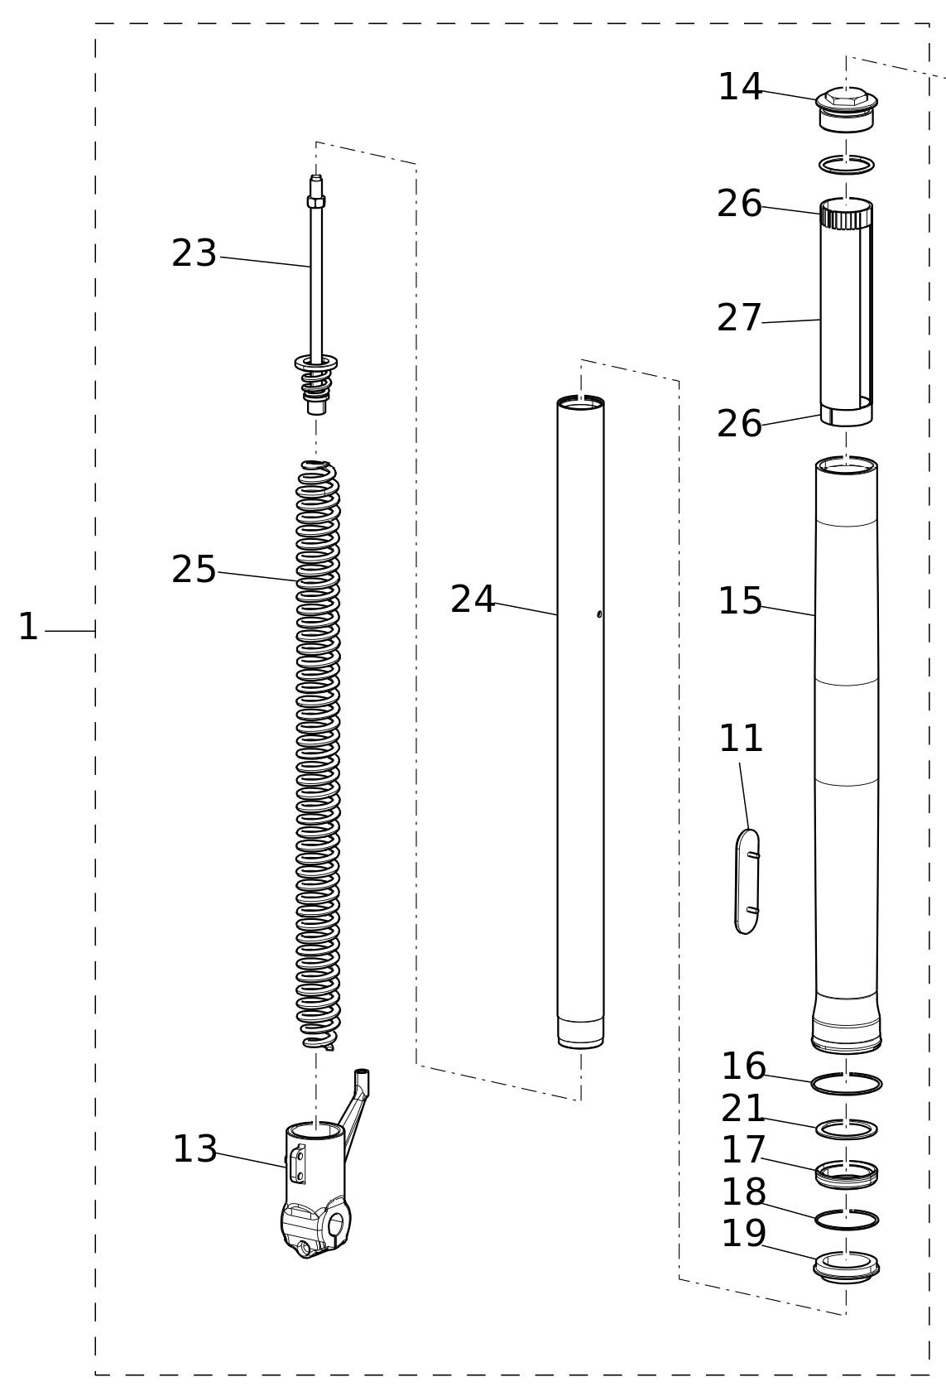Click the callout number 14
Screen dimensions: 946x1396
click(740, 87)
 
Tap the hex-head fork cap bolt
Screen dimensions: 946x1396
click(847, 109)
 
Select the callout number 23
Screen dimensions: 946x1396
click(194, 253)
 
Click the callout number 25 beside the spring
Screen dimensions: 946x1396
click(194, 570)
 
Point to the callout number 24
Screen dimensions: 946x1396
click(472, 599)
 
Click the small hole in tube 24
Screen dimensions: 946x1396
click(599, 614)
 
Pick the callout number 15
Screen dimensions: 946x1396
click(740, 601)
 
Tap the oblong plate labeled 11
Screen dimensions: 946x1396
click(747, 881)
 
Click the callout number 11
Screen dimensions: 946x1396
click(741, 739)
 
